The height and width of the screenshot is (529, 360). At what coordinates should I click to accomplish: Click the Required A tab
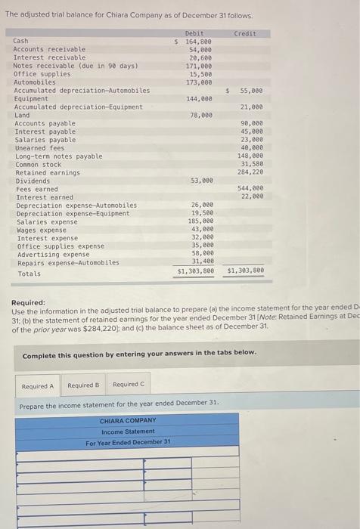coord(37,385)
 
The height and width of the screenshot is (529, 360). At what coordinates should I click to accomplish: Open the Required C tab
coord(128,385)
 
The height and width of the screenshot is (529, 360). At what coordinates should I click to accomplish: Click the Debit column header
coord(194,33)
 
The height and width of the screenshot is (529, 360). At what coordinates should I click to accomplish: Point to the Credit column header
coord(245,33)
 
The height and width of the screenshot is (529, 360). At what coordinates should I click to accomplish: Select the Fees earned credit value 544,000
coord(250,188)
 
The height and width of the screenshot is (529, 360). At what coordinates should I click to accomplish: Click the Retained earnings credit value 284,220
coord(250,172)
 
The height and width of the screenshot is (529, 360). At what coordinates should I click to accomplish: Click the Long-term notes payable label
coord(58,156)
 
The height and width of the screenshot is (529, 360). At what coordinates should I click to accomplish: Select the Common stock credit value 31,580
coord(251,164)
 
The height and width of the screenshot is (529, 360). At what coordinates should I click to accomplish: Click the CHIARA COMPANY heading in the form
coord(128,421)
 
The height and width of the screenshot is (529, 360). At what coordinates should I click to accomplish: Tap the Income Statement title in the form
coord(128,432)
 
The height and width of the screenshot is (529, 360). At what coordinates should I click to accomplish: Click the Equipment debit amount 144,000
coord(199,99)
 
